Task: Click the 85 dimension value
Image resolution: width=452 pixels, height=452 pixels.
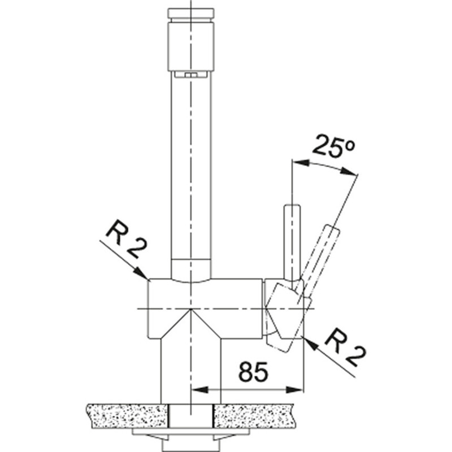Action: pyautogui.click(x=253, y=371)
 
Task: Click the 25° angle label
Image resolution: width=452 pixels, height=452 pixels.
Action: pyautogui.click(x=333, y=146)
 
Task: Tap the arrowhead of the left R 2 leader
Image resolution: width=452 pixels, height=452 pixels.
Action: pyautogui.click(x=142, y=273)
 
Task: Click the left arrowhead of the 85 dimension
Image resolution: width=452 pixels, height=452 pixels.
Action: pyautogui.click(x=199, y=390)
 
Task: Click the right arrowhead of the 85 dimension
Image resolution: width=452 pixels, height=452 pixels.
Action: pyautogui.click(x=294, y=390)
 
